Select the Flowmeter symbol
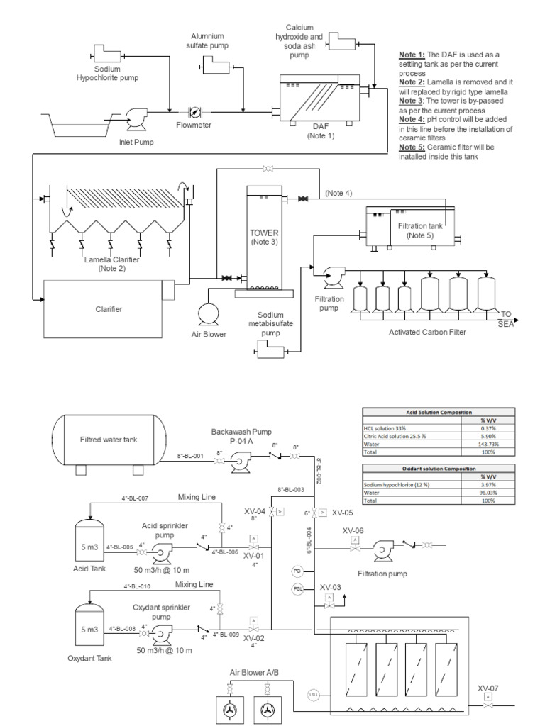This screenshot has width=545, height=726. [194, 112]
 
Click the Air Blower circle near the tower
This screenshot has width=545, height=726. [208, 313]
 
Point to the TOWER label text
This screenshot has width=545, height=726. [264, 233]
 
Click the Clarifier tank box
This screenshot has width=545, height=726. [109, 308]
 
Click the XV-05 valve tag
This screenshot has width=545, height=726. [342, 512]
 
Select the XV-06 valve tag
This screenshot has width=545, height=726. [353, 530]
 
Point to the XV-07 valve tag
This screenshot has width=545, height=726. [488, 688]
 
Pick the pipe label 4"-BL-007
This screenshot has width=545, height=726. [135, 498]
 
